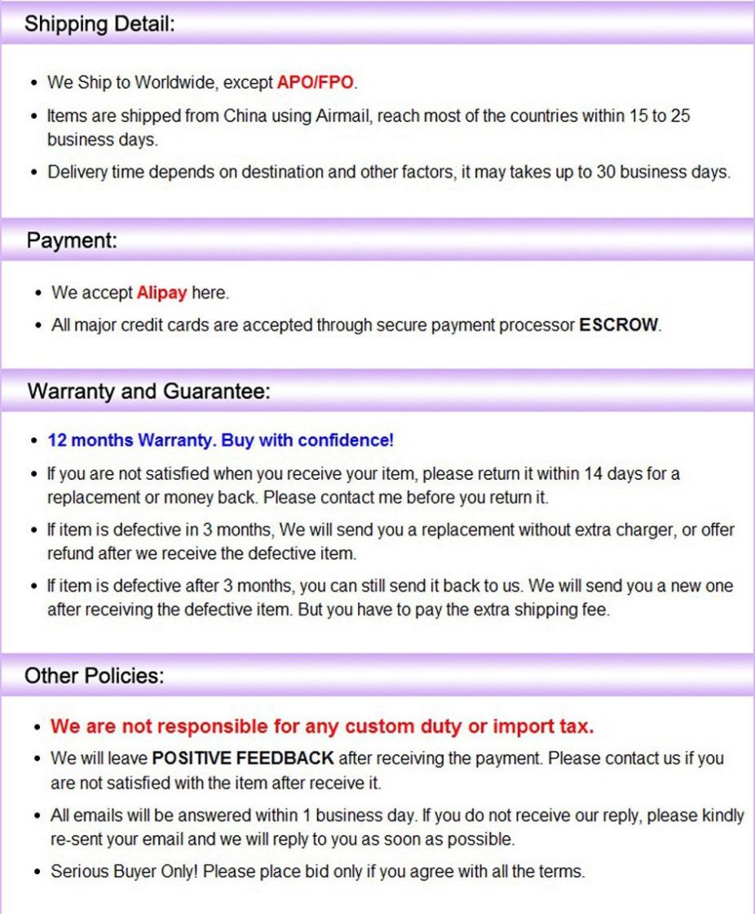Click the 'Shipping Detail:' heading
[x=99, y=24]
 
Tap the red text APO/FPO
[x=316, y=82]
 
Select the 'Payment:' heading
[x=73, y=241]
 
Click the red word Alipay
[x=161, y=292]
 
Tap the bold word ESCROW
[x=618, y=324]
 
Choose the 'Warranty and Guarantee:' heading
[x=148, y=391]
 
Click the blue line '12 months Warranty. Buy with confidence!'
[x=220, y=440]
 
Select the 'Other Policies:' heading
[x=94, y=676]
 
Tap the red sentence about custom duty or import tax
[x=322, y=726]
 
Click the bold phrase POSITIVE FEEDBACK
[x=243, y=758]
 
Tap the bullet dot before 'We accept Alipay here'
[x=38, y=293]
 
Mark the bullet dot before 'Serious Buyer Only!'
[x=38, y=872]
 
